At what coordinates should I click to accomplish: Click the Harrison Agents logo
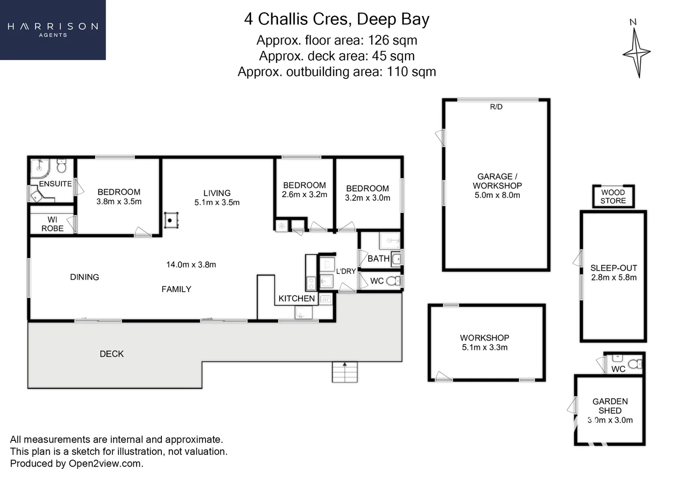(x=53, y=30)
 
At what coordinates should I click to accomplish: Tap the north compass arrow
(x=636, y=53)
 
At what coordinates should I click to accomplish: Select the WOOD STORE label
(x=613, y=197)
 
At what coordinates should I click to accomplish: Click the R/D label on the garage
(x=496, y=107)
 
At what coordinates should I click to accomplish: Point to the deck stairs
(x=345, y=372)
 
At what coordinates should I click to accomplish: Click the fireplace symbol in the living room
(x=171, y=220)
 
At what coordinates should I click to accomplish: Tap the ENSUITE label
(x=55, y=184)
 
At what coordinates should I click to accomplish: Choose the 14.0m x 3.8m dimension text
(x=191, y=265)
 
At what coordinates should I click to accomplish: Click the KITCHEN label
(x=297, y=298)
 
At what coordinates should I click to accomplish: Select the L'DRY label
(x=346, y=271)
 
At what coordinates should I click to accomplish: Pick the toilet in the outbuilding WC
(x=635, y=364)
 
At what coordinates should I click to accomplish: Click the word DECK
(x=112, y=354)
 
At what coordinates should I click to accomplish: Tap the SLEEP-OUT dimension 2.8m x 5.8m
(x=614, y=277)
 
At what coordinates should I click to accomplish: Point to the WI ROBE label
(x=52, y=224)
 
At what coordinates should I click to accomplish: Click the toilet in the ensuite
(x=62, y=166)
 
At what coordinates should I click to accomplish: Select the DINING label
(x=84, y=277)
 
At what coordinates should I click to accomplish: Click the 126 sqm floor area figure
(x=392, y=40)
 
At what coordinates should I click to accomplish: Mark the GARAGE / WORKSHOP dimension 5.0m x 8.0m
(x=497, y=195)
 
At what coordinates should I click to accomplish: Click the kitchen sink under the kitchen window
(x=303, y=312)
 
